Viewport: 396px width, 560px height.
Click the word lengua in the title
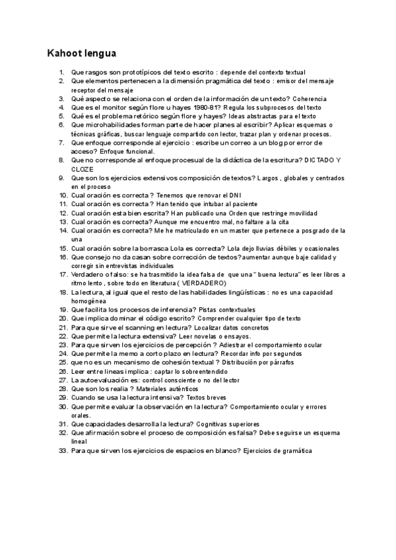pos(99,53)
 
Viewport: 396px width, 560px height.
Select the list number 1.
pos(61,72)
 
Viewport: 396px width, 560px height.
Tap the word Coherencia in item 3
pos(308,98)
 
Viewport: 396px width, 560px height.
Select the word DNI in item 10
pos(234,195)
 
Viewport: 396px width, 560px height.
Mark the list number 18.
pos(63,292)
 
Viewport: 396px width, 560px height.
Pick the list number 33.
pos(63,450)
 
